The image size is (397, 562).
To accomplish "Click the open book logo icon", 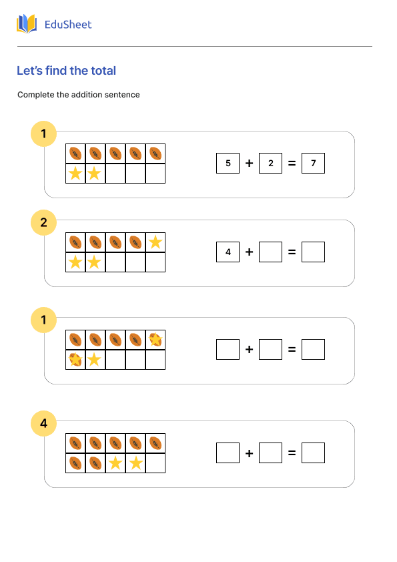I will click(27, 25).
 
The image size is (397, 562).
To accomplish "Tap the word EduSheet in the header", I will click(67, 25).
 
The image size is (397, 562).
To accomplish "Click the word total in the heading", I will click(102, 71).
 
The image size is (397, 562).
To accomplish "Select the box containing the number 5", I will click(228, 163).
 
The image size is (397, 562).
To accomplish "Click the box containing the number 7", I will click(313, 163).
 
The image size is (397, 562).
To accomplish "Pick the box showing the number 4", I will click(228, 252).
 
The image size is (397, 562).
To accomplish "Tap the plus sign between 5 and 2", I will click(249, 163).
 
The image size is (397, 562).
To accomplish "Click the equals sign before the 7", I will click(292, 163).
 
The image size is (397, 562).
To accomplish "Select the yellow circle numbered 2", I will click(44, 223).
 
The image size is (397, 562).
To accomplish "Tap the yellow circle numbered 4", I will click(44, 423).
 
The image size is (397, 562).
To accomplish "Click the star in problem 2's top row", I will click(155, 242).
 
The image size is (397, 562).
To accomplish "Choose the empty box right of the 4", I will click(270, 252).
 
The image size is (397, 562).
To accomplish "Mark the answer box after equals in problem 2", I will click(313, 252).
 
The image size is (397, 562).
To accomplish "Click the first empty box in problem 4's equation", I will click(228, 453).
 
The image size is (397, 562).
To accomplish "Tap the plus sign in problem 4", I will click(249, 453).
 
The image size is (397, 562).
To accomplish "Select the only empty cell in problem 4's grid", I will click(155, 463).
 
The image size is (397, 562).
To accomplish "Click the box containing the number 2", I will click(270, 163).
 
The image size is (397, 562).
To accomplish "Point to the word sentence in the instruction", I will click(124, 95).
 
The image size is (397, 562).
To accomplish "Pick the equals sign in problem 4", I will click(292, 453).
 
